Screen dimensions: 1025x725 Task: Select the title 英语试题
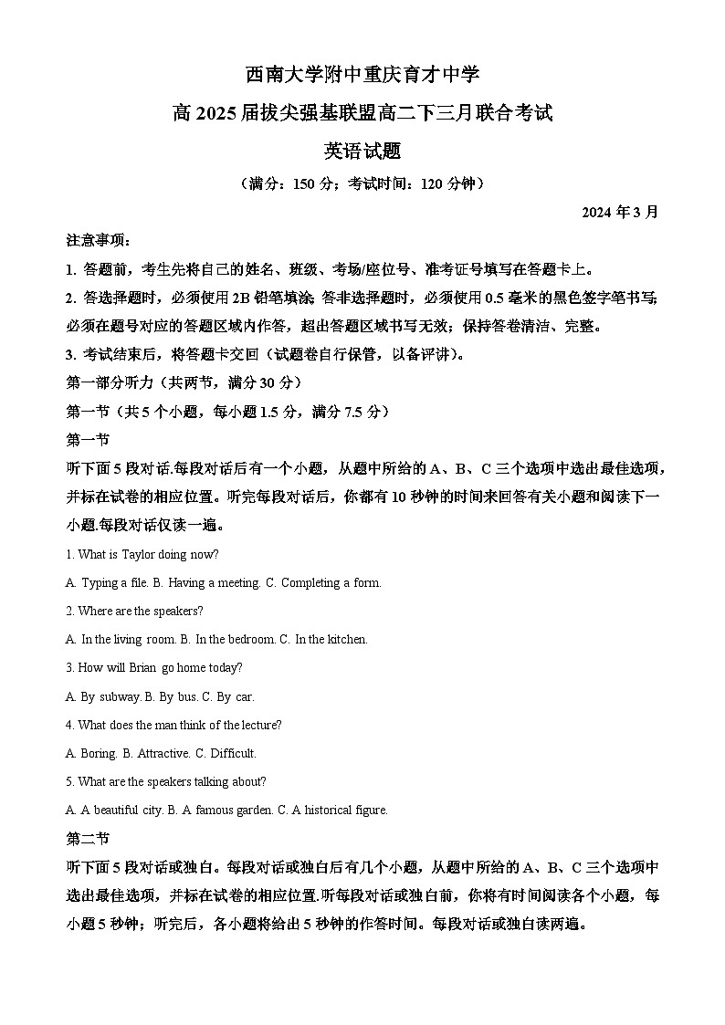click(x=362, y=152)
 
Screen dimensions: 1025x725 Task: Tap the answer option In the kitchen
click(x=323, y=640)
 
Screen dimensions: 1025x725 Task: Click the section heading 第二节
click(x=88, y=838)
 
